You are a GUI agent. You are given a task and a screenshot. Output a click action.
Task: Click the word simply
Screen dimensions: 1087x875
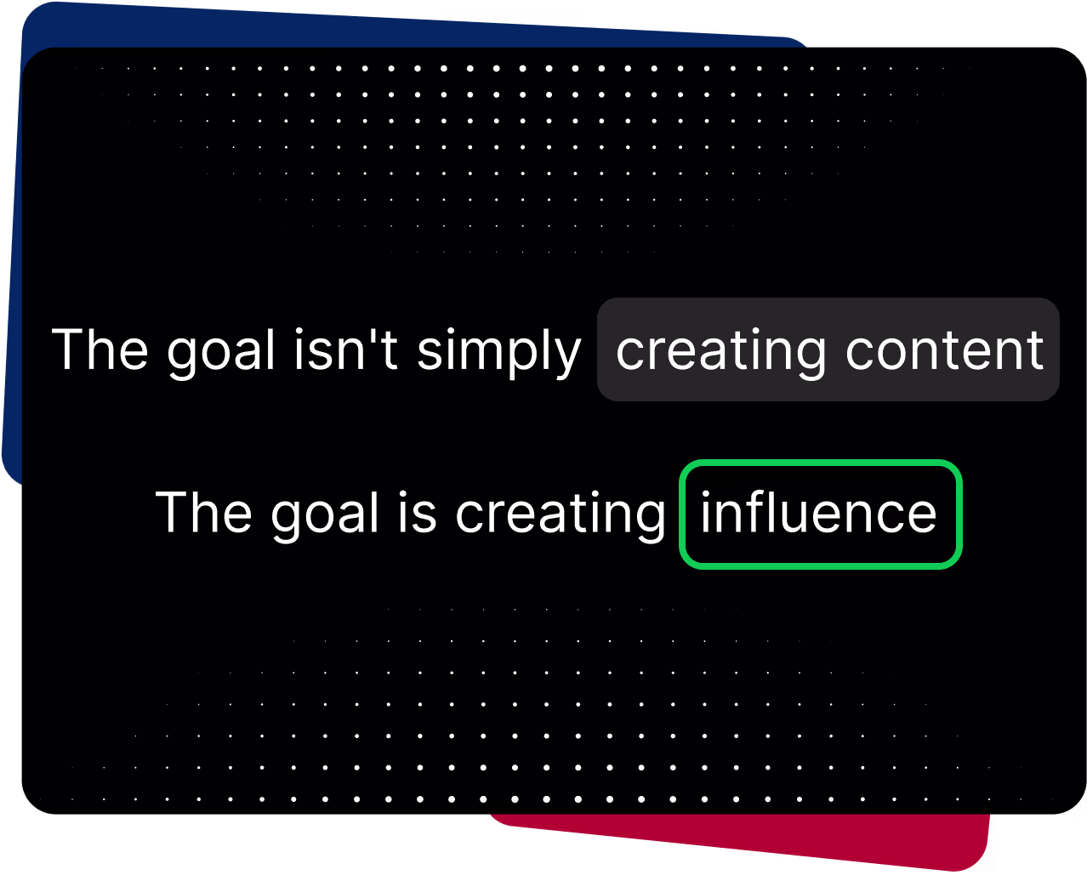(498, 352)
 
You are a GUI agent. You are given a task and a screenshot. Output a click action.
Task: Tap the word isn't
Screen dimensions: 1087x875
(345, 349)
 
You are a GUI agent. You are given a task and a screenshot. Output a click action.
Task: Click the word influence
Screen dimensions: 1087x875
(818, 512)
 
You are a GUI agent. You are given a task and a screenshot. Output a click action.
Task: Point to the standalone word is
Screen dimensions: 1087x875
(417, 512)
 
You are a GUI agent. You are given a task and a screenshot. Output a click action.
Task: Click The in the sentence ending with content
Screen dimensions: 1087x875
(100, 349)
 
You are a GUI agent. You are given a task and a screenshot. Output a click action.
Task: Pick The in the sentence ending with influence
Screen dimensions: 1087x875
(203, 512)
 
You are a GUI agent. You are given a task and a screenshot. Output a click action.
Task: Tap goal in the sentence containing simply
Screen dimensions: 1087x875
(221, 352)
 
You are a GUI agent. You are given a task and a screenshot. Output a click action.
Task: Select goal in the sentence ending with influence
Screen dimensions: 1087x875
(324, 515)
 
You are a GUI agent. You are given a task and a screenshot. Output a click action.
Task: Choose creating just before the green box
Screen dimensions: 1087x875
(561, 516)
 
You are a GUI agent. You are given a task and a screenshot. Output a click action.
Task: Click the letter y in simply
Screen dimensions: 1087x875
(566, 357)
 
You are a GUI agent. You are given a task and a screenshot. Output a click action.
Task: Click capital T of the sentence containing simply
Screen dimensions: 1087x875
(70, 349)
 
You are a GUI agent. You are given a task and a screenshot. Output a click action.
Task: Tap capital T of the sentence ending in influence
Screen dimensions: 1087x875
(174, 512)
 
